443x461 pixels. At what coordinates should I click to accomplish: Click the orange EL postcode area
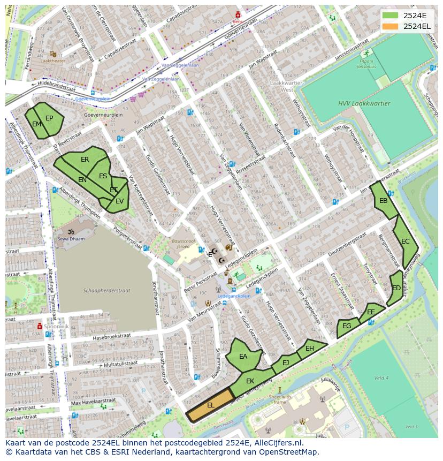pyautogui.click(x=210, y=405)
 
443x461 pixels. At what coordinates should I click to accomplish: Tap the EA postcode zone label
pyautogui.click(x=243, y=357)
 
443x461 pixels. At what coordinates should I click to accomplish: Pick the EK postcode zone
pyautogui.click(x=250, y=381)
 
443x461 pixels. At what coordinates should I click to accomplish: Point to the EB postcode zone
pyautogui.click(x=383, y=201)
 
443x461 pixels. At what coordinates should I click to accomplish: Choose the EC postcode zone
pyautogui.click(x=405, y=241)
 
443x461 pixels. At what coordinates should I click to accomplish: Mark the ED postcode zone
pyautogui.click(x=396, y=288)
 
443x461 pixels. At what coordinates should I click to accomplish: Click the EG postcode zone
pyautogui.click(x=347, y=326)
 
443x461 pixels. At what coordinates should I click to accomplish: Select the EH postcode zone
pyautogui.click(x=310, y=349)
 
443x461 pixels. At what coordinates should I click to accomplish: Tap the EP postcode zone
pyautogui.click(x=49, y=118)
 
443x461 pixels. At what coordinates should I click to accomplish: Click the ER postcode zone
pyautogui.click(x=85, y=160)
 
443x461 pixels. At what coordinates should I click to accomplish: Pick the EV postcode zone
pyautogui.click(x=119, y=201)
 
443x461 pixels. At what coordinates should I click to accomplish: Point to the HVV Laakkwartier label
pyautogui.click(x=364, y=103)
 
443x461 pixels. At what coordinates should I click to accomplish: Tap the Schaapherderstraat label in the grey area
pyautogui.click(x=99, y=291)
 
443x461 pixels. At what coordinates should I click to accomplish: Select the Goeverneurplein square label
pyautogui.click(x=103, y=115)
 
